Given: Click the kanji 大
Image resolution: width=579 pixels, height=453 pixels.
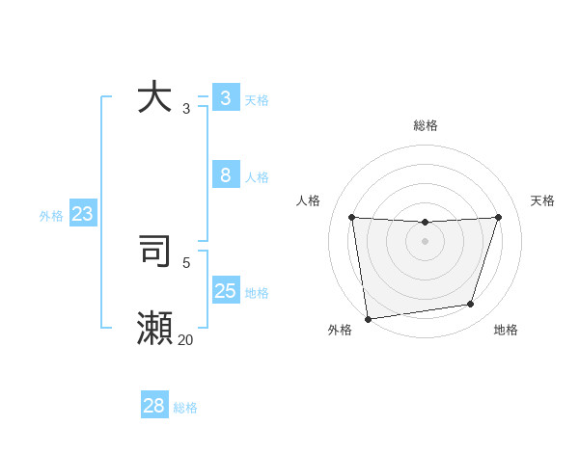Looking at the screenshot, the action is click(154, 97).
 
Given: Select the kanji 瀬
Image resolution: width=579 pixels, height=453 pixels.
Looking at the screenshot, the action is click(154, 329).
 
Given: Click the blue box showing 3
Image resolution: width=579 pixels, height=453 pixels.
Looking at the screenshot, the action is click(225, 97).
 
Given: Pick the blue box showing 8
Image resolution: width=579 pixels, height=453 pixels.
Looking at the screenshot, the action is click(225, 174).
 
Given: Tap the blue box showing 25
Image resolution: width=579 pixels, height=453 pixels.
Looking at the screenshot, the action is click(225, 290).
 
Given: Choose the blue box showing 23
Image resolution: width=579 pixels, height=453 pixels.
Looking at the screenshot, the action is click(82, 214).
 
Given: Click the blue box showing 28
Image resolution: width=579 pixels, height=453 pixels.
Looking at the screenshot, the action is click(154, 406).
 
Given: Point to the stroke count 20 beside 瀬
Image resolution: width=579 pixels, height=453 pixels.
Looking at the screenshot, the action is click(185, 339).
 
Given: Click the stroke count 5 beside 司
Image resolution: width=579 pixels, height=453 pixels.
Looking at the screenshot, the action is click(186, 261).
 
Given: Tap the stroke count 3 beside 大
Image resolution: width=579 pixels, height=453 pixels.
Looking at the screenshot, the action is click(186, 108).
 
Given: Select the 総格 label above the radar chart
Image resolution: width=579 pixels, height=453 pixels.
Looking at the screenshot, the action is click(425, 125).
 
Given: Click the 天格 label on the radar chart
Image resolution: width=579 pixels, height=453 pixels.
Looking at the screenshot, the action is click(542, 200).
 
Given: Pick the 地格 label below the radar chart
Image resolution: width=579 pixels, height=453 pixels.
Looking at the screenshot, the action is click(506, 330).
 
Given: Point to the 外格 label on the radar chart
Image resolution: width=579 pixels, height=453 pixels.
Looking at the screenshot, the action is click(340, 330).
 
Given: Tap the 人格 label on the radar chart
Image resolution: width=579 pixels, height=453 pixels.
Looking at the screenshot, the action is click(308, 200).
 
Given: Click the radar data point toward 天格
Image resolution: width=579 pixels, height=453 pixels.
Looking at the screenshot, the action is click(498, 217).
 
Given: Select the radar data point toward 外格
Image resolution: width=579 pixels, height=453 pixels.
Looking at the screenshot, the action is click(368, 318).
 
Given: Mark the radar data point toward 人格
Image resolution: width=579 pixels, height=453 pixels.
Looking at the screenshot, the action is click(351, 217).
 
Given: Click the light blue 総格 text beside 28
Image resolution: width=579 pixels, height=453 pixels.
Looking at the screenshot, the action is click(185, 407).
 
